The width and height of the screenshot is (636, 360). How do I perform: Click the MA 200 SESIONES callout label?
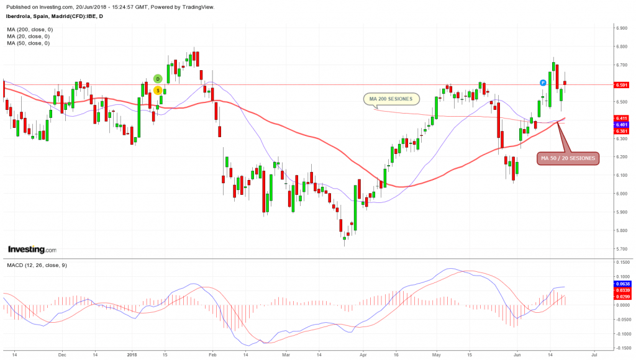click(391, 99)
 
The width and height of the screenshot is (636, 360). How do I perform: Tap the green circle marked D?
click(158, 79)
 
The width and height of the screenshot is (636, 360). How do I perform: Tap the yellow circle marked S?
click(158, 91)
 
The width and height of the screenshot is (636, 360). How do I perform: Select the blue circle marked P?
click(543, 83)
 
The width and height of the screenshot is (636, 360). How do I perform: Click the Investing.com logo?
click(32, 250)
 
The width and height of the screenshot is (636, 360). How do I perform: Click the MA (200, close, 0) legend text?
click(30, 29)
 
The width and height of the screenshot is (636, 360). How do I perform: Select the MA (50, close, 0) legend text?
click(29, 43)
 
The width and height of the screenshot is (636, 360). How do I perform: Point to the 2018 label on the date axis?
click(132, 356)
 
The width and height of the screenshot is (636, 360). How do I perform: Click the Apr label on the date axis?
click(363, 356)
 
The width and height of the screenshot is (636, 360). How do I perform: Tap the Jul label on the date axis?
click(594, 356)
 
